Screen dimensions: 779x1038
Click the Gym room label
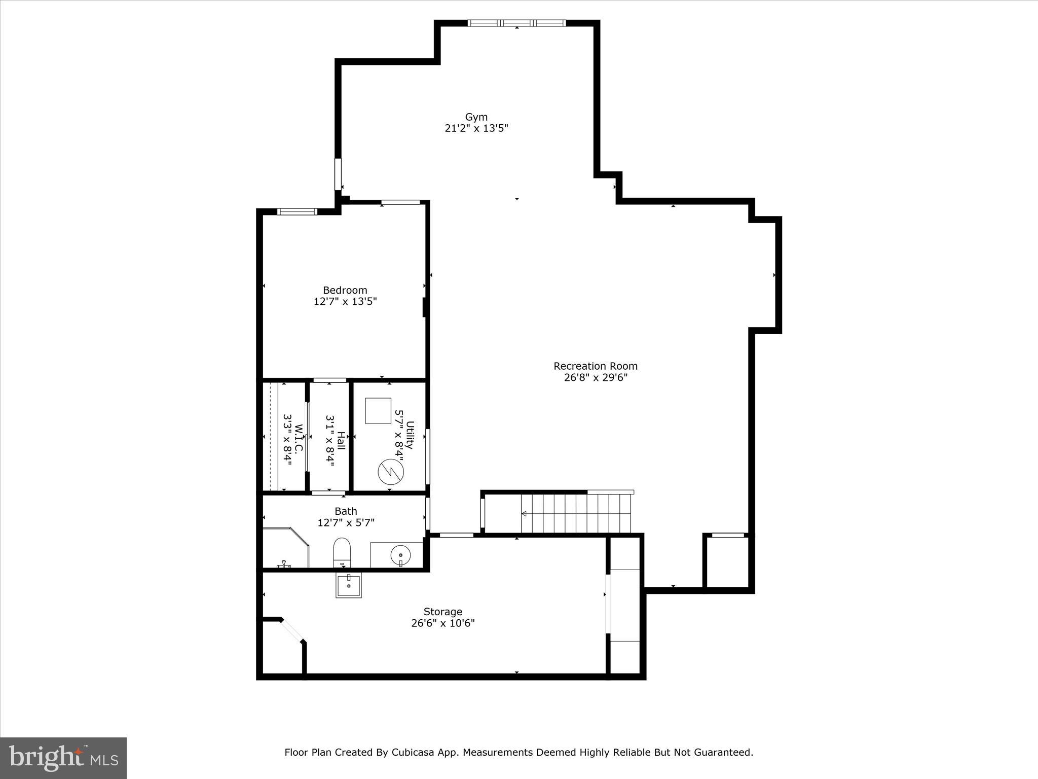click(476, 117)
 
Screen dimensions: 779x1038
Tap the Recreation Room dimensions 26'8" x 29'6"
click(596, 377)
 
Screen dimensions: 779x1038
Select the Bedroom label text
click(345, 290)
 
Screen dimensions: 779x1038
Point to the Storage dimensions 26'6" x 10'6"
click(442, 623)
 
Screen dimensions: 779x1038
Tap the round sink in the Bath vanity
click(400, 555)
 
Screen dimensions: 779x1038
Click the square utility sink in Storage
click(349, 586)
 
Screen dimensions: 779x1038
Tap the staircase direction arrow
click(524, 514)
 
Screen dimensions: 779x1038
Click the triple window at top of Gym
click(516, 23)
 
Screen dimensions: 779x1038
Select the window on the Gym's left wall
click(338, 174)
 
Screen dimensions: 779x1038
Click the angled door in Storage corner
click(292, 630)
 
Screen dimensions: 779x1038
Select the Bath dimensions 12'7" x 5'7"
click(346, 522)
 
